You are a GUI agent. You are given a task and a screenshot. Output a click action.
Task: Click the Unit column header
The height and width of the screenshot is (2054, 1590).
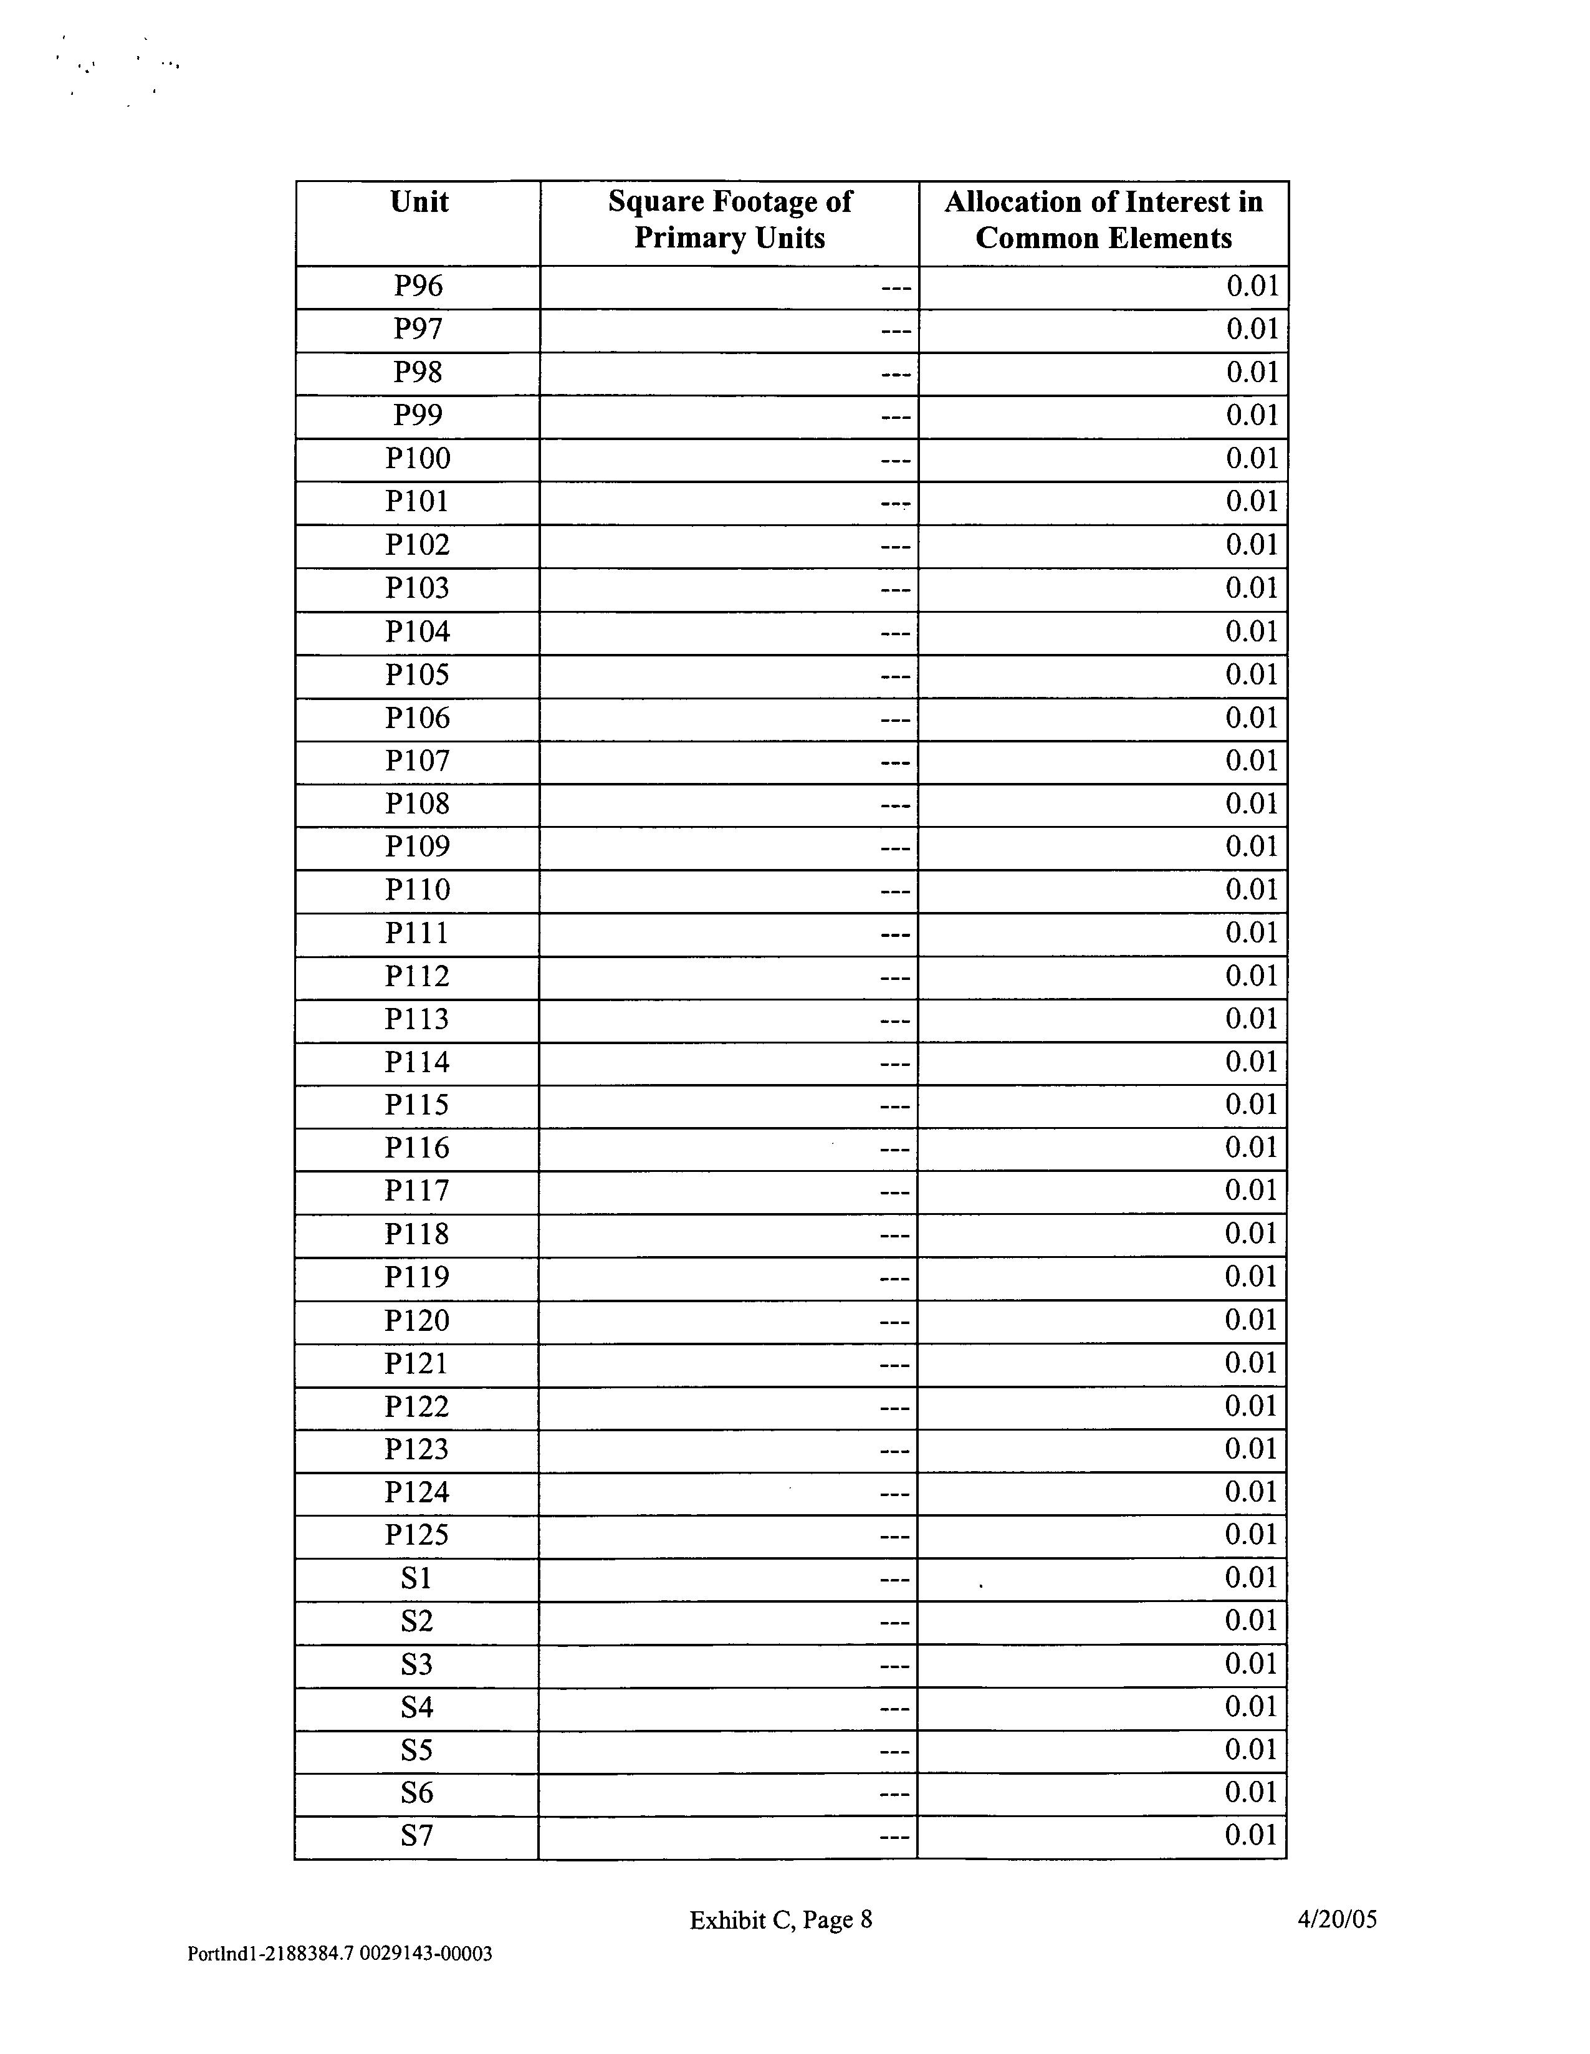click(418, 202)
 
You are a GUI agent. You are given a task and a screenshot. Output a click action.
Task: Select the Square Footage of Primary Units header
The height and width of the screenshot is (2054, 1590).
click(730, 219)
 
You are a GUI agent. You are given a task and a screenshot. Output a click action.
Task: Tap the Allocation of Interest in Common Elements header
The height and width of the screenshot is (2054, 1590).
click(1103, 219)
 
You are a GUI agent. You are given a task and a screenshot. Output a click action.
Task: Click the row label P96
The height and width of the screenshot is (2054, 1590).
click(418, 286)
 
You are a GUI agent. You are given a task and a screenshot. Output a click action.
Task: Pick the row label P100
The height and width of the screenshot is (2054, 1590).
click(418, 459)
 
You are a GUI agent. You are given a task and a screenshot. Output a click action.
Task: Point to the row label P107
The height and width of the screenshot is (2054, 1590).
click(418, 761)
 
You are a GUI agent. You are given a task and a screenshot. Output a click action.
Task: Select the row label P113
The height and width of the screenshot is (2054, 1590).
click(418, 1019)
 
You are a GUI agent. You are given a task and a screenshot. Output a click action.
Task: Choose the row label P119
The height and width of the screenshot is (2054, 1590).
click(418, 1277)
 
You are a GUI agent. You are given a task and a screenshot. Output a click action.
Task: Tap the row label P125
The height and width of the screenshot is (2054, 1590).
click(418, 1536)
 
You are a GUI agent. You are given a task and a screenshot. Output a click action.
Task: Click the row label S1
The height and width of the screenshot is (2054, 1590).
click(416, 1579)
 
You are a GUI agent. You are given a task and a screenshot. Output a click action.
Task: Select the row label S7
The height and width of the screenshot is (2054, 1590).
click(416, 1836)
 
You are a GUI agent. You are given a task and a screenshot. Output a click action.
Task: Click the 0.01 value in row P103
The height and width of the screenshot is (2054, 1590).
click(1252, 588)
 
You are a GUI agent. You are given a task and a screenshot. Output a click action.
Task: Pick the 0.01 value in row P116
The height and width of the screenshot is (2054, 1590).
click(1250, 1148)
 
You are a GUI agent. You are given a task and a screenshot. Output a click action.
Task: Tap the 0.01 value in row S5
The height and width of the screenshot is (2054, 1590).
click(1250, 1750)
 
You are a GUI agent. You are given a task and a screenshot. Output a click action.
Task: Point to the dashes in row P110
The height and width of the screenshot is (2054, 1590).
click(895, 891)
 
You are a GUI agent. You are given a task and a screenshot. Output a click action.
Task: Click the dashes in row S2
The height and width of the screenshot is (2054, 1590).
click(894, 1623)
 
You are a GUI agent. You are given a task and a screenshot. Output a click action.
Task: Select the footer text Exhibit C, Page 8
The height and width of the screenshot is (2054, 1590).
click(780, 1921)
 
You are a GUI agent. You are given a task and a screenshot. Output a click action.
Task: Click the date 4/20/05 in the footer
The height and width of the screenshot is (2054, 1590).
click(1337, 1919)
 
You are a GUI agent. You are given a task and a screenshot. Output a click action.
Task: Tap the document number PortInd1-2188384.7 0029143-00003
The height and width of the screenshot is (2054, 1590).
click(340, 1954)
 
